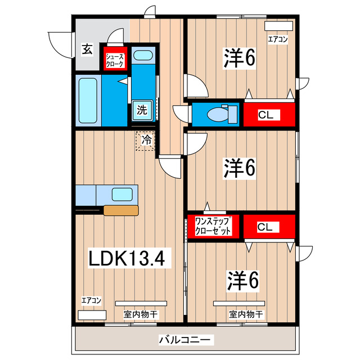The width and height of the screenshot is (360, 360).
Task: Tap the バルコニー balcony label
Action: [186, 340]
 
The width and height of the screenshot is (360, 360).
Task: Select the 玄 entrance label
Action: [87, 49]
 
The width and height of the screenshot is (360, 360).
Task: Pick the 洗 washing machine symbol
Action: [142, 110]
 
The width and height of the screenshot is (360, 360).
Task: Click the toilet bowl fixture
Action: [217, 114]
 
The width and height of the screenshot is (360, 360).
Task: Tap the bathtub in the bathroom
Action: [89, 101]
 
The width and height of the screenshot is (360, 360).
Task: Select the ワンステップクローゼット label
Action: [213, 226]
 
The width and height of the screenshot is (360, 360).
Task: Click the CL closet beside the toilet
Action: [268, 115]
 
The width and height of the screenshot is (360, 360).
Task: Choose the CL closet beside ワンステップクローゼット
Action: [268, 227]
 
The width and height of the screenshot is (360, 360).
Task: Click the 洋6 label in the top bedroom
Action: [240, 58]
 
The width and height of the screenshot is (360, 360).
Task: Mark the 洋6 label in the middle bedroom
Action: [240, 167]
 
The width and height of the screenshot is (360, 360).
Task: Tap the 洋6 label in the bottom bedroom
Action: [243, 280]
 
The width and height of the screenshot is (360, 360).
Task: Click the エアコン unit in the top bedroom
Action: [278, 26]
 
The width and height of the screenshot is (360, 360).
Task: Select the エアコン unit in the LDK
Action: [92, 315]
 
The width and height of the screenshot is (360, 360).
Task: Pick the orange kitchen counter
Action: [121, 211]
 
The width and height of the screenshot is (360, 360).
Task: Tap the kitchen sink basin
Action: [122, 195]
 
